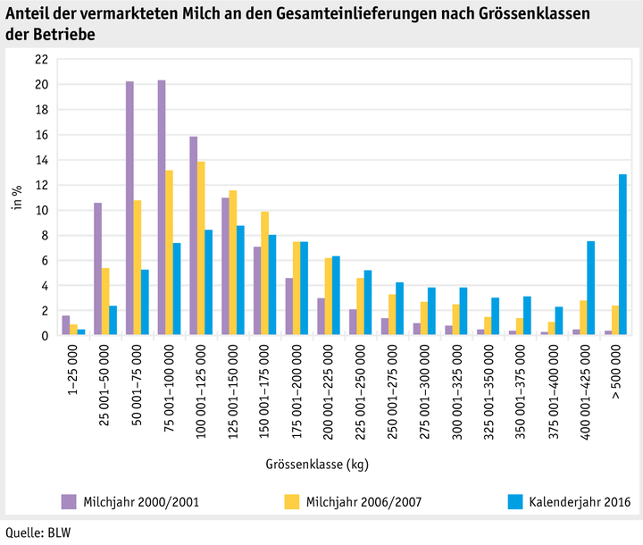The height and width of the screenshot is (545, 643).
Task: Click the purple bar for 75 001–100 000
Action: (162, 208)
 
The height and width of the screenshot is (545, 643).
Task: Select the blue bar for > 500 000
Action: (622, 255)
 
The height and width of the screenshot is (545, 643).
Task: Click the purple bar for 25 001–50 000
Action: (97, 269)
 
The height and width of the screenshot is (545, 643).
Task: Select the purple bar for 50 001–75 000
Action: (129, 208)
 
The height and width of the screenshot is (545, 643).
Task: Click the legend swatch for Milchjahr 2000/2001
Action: (68, 501)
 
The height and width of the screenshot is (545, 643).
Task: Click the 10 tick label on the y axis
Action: (41, 211)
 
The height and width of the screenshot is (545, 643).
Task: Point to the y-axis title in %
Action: (15, 197)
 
